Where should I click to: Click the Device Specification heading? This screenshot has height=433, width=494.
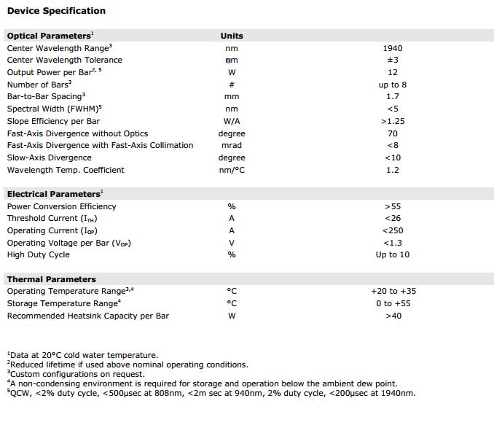pyautogui.click(x=56, y=11)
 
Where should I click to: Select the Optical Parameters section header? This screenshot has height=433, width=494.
pyautogui.click(x=50, y=36)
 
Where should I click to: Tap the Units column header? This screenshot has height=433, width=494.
pyautogui.click(x=232, y=36)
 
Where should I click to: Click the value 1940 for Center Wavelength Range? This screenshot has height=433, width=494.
pyautogui.click(x=393, y=48)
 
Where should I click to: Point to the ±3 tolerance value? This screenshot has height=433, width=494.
pyautogui.click(x=393, y=61)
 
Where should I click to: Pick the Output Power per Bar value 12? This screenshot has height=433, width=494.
pyautogui.click(x=393, y=72)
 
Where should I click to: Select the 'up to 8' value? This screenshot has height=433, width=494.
pyautogui.click(x=393, y=85)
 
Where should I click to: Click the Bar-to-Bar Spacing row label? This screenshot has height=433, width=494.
pyautogui.click(x=45, y=97)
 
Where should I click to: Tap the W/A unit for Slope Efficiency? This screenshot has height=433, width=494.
pyautogui.click(x=232, y=121)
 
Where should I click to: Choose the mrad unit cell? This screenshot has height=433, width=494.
pyautogui.click(x=232, y=146)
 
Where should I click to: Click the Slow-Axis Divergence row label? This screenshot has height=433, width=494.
pyautogui.click(x=50, y=158)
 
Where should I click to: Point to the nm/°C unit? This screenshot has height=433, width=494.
pyautogui.click(x=232, y=171)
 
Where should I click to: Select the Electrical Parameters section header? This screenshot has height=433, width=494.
pyautogui.click(x=54, y=195)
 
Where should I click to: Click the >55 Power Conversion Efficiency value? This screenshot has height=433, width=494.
pyautogui.click(x=393, y=206)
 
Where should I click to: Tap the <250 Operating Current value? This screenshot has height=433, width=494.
pyautogui.click(x=393, y=231)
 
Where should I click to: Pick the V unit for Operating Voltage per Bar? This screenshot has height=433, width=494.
pyautogui.click(x=232, y=243)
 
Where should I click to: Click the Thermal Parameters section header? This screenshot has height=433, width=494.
pyautogui.click(x=51, y=279)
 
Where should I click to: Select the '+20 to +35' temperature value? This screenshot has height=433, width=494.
pyautogui.click(x=393, y=292)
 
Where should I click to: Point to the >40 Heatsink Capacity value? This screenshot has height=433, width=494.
pyautogui.click(x=393, y=316)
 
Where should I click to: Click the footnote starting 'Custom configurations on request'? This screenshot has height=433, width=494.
pyautogui.click(x=77, y=374)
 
